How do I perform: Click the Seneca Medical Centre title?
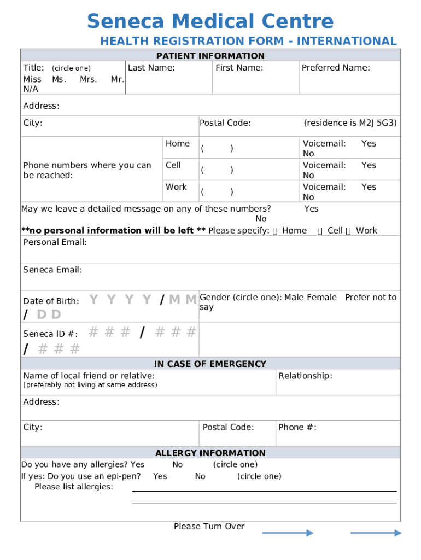[210, 22]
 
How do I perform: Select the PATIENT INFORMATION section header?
[210, 56]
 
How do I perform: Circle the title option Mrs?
[88, 79]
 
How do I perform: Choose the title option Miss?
[32, 79]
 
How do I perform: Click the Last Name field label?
[151, 68]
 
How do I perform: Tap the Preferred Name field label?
[336, 68]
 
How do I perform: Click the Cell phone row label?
[173, 165]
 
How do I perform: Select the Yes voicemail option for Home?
[369, 143]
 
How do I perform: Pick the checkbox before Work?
[348, 231]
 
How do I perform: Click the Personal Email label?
[55, 242]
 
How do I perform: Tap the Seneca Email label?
[52, 270]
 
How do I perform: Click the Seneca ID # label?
[50, 334]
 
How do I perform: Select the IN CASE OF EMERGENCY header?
[210, 364]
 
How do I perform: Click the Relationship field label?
[305, 376]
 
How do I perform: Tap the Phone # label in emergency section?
[297, 427]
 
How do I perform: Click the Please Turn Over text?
[209, 526]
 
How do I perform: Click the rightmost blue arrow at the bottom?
[376, 533]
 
